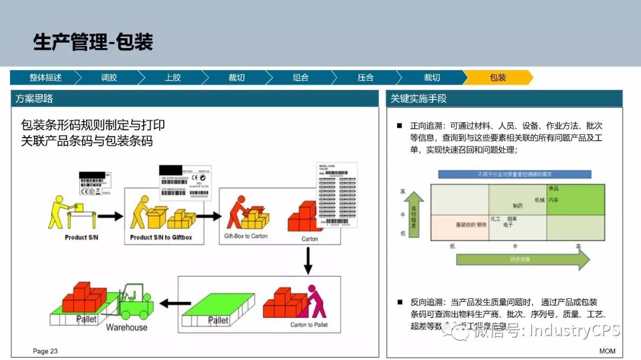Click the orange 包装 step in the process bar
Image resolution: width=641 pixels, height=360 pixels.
click(497, 78)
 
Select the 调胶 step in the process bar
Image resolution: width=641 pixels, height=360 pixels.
click(109, 78)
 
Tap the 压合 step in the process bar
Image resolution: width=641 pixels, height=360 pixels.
click(366, 78)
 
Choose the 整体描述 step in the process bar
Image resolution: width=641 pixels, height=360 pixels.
click(46, 78)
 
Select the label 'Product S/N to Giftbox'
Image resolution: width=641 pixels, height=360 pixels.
click(161, 238)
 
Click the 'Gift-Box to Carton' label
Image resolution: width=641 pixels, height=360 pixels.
click(246, 236)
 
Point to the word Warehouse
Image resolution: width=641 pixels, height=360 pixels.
click(126, 327)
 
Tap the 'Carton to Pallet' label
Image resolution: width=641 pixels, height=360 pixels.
click(309, 325)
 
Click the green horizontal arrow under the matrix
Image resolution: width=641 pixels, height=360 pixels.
click(522, 259)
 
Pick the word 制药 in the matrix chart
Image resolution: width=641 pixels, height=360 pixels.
click(518, 206)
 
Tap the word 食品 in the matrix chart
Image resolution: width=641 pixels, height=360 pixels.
click(553, 189)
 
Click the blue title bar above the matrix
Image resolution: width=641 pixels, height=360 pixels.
click(515, 174)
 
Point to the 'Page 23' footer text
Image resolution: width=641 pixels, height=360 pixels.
click(45, 351)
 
